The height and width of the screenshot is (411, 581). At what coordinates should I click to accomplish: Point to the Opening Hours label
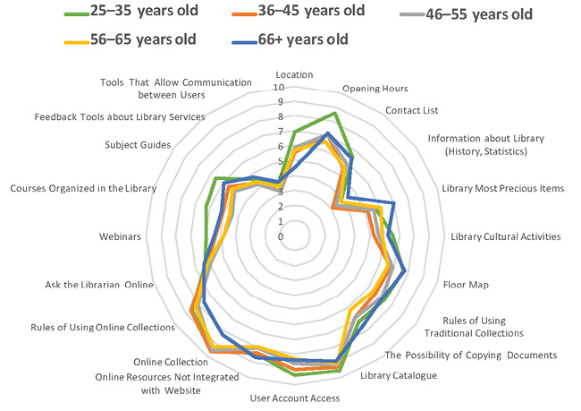tap(375, 88)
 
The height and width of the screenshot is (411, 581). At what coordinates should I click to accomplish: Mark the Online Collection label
tap(170, 362)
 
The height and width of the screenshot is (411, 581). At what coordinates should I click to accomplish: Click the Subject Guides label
tap(138, 145)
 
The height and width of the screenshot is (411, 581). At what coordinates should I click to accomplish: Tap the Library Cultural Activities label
tap(505, 236)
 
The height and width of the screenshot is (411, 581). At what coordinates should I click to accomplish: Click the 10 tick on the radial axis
tap(279, 88)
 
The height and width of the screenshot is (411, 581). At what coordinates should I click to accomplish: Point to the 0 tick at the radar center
tap(281, 236)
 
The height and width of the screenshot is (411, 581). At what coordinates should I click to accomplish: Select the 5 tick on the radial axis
tap(281, 161)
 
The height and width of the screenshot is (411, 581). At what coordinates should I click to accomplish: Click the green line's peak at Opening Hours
tap(333, 114)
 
